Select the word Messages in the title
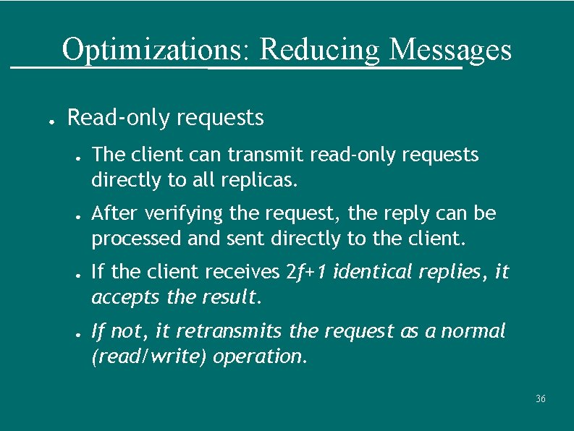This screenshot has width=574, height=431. [x=450, y=50]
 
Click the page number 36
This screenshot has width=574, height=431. [x=540, y=399]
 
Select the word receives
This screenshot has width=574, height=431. [x=242, y=273]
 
